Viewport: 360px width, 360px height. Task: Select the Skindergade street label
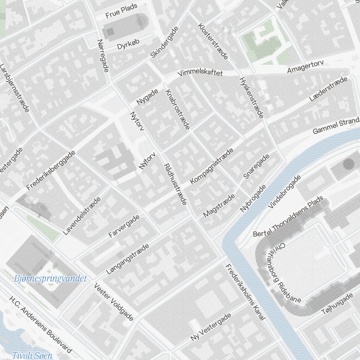(165, 42)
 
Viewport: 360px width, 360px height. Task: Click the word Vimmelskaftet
(201, 73)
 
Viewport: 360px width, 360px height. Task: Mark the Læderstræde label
(330, 89)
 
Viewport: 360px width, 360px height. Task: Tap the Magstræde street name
(219, 206)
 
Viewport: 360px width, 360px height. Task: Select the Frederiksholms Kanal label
(245, 292)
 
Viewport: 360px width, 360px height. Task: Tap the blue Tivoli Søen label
(32, 355)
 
